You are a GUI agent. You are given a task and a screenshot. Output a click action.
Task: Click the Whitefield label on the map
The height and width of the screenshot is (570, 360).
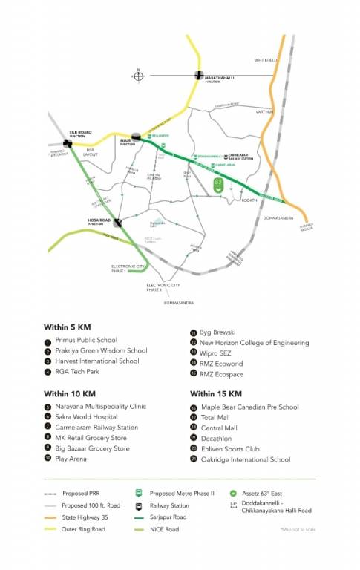point(265,60)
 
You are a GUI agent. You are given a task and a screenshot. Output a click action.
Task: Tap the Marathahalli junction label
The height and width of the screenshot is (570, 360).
point(220,76)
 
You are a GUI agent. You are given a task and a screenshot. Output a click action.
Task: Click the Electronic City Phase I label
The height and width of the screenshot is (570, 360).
point(128,268)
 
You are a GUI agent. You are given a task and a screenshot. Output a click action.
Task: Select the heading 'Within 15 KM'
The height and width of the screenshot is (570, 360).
point(216,393)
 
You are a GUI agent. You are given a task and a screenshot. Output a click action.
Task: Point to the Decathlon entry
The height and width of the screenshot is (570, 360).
point(217,439)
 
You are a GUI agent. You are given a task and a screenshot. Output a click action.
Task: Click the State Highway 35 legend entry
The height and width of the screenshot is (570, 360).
point(89,517)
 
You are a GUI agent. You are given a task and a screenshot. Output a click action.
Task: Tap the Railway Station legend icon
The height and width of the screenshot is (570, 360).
point(139,505)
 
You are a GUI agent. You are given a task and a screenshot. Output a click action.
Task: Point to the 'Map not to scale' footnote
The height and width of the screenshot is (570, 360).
point(298,529)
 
